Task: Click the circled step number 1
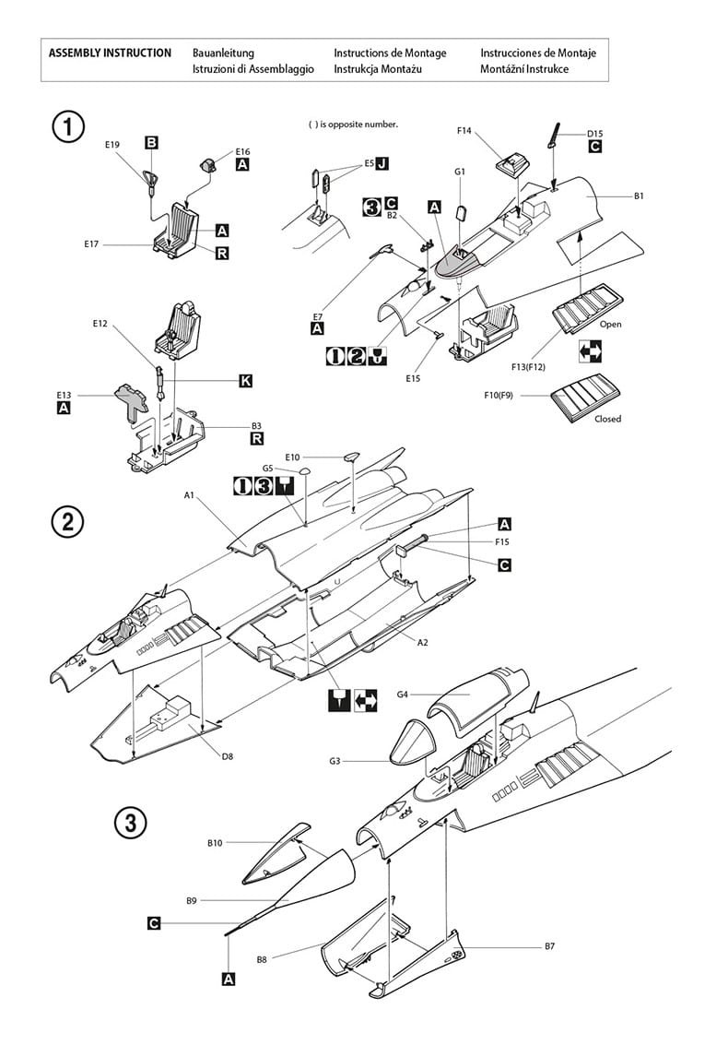pos(68,126)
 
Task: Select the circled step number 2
pos(68,522)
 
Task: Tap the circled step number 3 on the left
pos(131,823)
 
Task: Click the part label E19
pos(112,144)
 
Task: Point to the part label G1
pos(459,172)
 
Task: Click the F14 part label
pos(464,131)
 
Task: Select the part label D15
pos(595,134)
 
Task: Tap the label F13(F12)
pos(529,367)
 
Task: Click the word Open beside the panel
pos(611,325)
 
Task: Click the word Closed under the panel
pos(607,419)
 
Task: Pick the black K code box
pos(246,381)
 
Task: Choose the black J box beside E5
pos(382,163)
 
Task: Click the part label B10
pos(215,843)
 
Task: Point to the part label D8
pos(228,756)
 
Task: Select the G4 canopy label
pos(403,695)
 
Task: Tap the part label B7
pos(549,946)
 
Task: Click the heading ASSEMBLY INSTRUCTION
pos(110,53)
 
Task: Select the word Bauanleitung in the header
pos(223,53)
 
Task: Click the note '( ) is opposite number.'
pos(353,125)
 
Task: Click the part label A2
pos(422,643)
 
